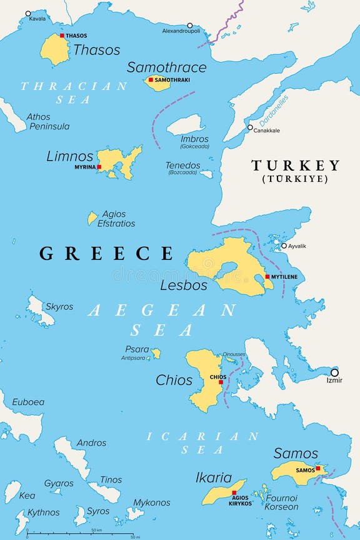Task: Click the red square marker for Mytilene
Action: [267, 276]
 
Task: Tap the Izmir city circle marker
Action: [334, 372]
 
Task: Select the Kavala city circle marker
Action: [27, 13]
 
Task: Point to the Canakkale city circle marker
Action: [250, 127]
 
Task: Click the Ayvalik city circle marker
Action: [284, 246]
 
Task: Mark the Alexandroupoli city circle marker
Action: [190, 26]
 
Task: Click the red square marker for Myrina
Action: [99, 167]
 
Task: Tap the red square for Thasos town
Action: [62, 36]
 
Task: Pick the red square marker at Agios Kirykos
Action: [234, 492]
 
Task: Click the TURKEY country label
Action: [295, 166]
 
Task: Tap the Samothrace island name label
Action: [166, 67]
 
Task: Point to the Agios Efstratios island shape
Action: [92, 217]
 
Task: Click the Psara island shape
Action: [156, 353]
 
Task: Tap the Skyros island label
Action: [59, 307]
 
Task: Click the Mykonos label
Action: [151, 502]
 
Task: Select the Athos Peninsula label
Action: [48, 121]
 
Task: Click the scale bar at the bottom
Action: [81, 534]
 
